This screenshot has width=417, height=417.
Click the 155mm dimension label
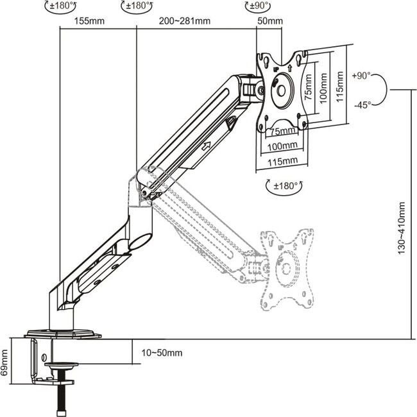[89, 21]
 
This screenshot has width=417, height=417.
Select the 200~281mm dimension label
[185, 21]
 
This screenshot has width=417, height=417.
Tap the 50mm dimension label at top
[270, 21]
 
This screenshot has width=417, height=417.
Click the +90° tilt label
[361, 75]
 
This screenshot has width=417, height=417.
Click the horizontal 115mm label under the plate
[282, 160]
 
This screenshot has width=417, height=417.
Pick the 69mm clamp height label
[6, 362]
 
